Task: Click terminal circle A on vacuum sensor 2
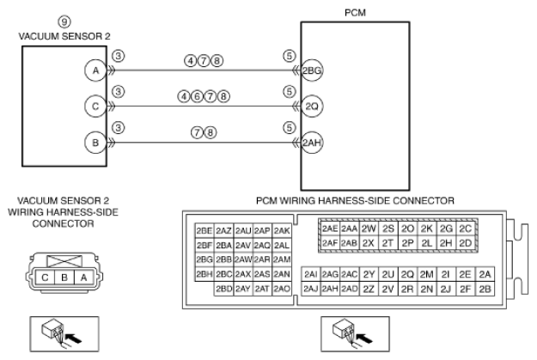coord(95,70)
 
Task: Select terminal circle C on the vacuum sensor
coord(95,107)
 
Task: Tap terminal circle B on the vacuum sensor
coord(95,143)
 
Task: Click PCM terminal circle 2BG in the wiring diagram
coord(312,70)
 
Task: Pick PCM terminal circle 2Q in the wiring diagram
coord(312,107)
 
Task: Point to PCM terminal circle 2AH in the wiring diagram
coord(312,143)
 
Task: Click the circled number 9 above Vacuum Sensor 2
coord(64,22)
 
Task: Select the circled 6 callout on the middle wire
coord(197,96)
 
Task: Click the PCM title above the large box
coord(355,13)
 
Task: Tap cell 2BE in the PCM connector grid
coord(204,230)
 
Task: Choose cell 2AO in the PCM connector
coord(282,289)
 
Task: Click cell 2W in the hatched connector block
coord(369,229)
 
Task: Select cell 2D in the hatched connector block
coord(466,243)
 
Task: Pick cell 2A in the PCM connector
coord(485,274)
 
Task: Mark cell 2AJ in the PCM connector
coord(311,289)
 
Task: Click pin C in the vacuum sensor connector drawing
coord(45,278)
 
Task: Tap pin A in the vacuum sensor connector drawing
coord(83,278)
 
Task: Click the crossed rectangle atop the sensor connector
coord(64,261)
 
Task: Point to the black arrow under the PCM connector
coord(364,339)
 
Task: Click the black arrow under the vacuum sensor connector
coord(73,339)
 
